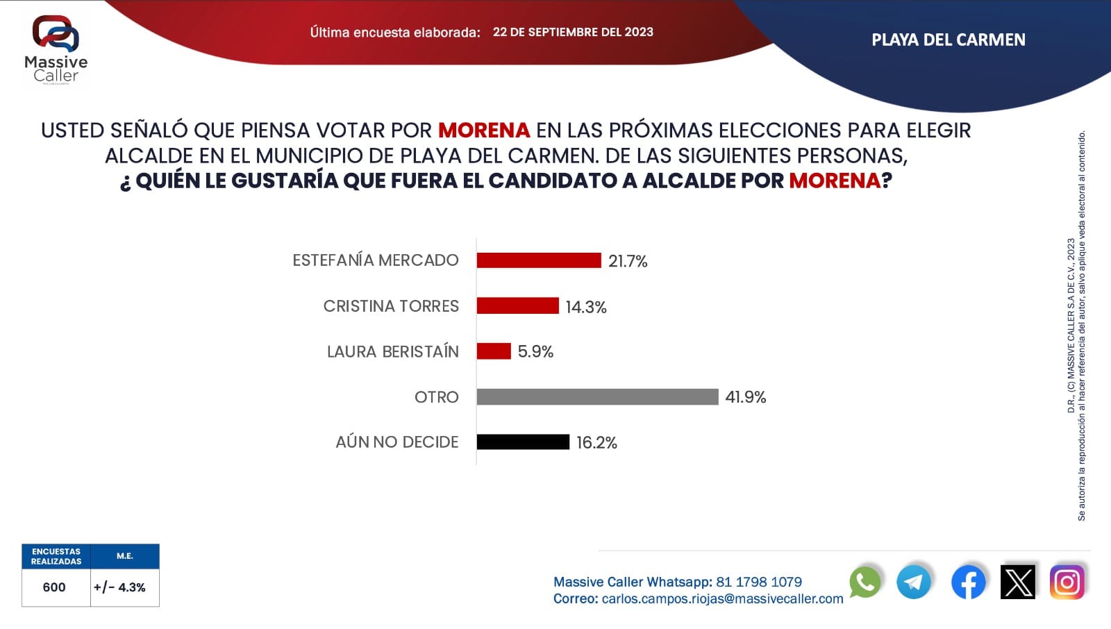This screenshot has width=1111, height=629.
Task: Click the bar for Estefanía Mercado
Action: [539, 260]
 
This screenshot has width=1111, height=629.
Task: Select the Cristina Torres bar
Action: [517, 305]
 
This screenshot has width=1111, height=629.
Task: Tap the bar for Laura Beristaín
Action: [494, 351]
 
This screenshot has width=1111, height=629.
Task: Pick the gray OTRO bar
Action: [597, 396]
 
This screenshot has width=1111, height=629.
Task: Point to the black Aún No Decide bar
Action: [523, 442]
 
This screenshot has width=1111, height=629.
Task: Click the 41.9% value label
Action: [745, 397]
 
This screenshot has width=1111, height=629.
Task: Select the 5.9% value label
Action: [535, 352]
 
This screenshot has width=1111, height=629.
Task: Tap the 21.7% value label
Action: [628, 261]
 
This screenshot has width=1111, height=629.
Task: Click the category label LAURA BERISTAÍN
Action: [392, 352]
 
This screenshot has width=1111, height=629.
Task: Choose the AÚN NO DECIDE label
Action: [396, 442]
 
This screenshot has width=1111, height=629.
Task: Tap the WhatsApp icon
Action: [864, 582]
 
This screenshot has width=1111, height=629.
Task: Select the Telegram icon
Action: [914, 582]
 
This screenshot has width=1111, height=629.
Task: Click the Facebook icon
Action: [968, 582]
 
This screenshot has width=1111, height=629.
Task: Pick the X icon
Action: [1018, 582]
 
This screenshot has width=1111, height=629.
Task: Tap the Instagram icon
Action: [1067, 582]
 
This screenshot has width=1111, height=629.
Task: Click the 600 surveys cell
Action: [54, 587]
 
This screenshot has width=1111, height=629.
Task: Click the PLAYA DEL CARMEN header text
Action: [948, 40]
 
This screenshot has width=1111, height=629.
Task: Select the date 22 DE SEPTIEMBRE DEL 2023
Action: [573, 32]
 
